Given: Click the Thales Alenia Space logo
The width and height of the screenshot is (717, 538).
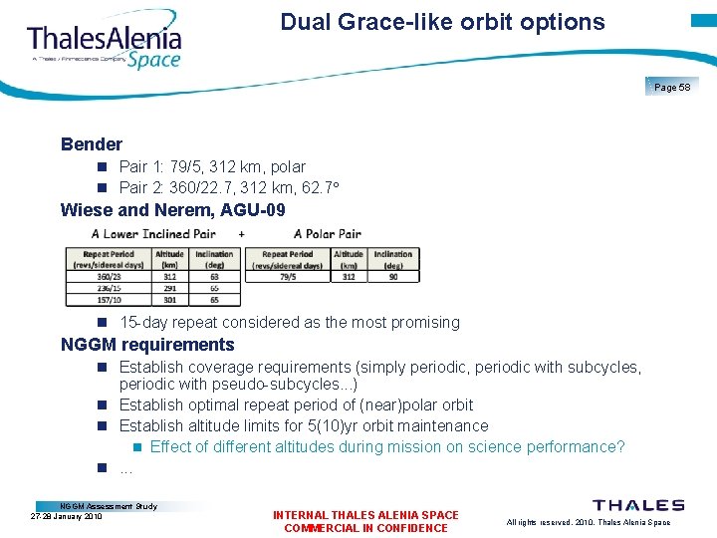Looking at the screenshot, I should click(x=105, y=45).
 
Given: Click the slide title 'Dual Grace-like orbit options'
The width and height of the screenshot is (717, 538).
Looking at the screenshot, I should click(x=442, y=22).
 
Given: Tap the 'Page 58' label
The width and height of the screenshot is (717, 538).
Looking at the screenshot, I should click(x=672, y=88).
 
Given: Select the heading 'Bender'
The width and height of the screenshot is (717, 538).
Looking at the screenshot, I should click(x=92, y=144).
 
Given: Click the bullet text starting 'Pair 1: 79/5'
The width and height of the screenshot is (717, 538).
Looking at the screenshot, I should click(x=212, y=166).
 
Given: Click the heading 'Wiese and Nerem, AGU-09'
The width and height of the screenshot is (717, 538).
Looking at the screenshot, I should click(x=173, y=210).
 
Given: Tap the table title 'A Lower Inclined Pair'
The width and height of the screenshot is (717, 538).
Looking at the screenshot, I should click(x=153, y=234).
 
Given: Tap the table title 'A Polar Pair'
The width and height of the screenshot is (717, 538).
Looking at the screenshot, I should click(x=328, y=234).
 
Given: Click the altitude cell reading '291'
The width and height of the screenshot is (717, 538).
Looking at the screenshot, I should click(x=170, y=288).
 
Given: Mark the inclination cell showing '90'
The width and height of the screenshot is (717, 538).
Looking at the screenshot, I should click(x=393, y=277).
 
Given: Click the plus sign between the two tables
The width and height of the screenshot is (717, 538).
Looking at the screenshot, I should click(x=242, y=234).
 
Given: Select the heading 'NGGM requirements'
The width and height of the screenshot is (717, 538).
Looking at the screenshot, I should click(x=147, y=346).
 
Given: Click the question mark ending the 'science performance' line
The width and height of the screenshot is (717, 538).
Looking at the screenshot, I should click(x=620, y=447).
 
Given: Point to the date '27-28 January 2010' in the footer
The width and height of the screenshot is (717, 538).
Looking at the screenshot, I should click(x=67, y=517).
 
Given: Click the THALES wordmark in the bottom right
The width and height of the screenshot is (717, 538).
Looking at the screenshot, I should click(x=638, y=506).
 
